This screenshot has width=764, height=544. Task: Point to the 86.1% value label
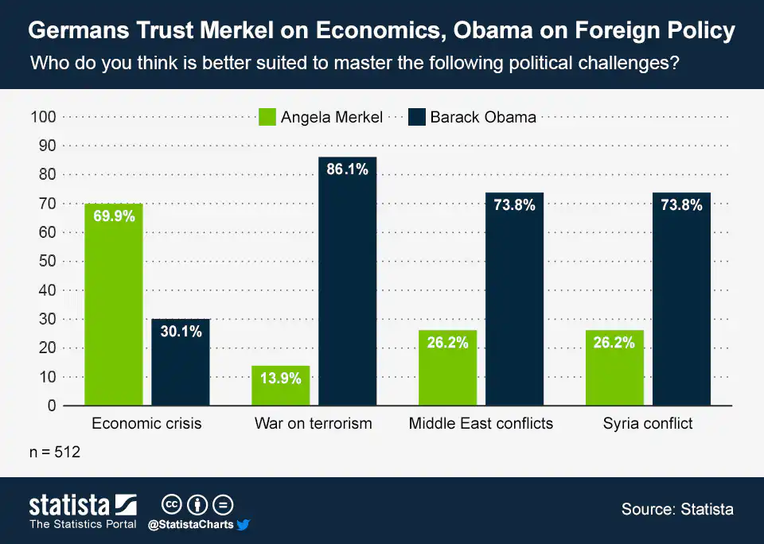coord(347,171)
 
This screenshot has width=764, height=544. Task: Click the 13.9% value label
coord(281,379)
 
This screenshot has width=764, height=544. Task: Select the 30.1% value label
coord(181,332)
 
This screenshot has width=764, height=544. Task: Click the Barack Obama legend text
coord(483,117)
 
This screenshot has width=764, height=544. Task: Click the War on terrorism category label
coord(313,423)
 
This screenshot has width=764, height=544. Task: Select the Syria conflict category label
coord(647,423)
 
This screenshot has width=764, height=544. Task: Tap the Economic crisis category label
coord(146,423)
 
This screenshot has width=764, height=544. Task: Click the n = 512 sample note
coord(55,452)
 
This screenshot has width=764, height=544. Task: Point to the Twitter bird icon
coord(244,525)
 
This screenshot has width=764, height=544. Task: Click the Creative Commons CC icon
coord(172,505)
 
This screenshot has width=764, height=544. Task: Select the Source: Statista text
coord(677,509)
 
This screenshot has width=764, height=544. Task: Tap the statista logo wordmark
coord(69,505)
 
